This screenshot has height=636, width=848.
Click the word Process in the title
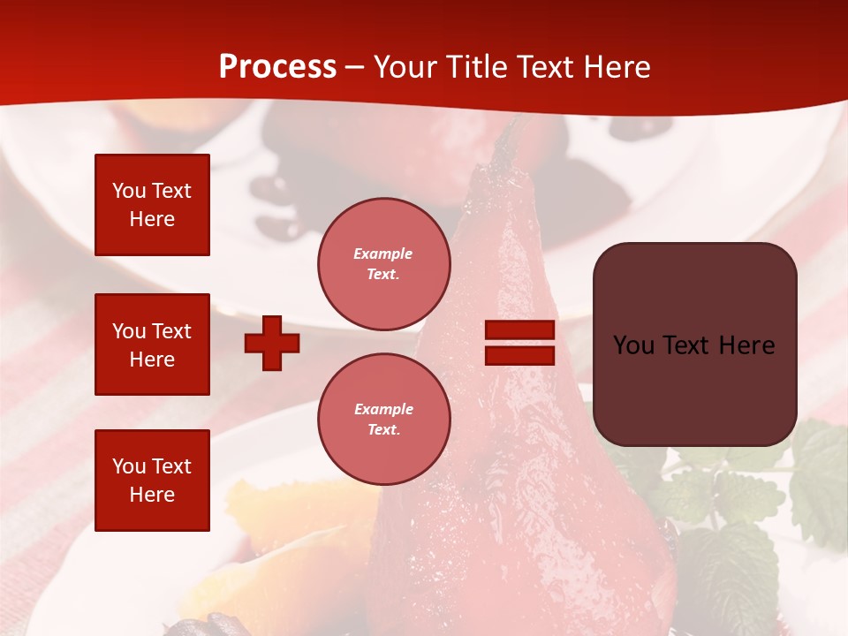point(277,67)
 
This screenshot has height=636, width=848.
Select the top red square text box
point(152,205)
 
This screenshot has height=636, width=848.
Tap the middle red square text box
point(152,344)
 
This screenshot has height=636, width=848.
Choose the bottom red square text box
point(152,480)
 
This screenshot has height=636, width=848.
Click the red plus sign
point(272,343)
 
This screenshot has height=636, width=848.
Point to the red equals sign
point(519,343)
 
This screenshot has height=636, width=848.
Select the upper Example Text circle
point(383,264)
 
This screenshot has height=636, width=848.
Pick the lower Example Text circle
point(383,419)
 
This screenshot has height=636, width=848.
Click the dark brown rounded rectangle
point(694,344)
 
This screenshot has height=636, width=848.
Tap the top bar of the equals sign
point(519,330)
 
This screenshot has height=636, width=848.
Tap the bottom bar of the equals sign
point(519,355)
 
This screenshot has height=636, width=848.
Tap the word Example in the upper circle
point(383,254)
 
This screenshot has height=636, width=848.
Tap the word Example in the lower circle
point(383,409)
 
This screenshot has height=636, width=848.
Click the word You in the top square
point(128,191)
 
